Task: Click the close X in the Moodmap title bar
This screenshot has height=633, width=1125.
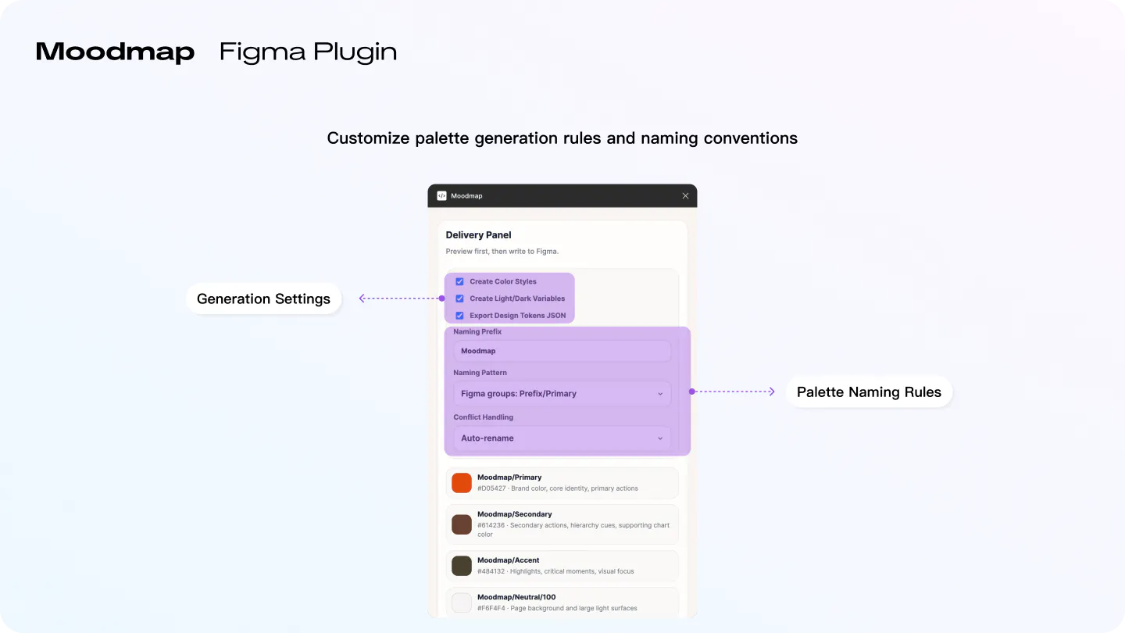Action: (685, 196)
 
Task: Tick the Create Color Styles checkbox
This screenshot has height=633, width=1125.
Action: (459, 281)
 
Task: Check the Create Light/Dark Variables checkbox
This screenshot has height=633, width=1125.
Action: (459, 299)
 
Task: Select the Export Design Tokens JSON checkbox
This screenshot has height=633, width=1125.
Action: (459, 316)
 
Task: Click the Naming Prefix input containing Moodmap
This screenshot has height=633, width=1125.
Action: (562, 351)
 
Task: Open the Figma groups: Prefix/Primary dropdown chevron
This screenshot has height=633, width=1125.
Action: (660, 394)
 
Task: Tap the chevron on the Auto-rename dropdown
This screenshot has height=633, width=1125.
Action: (660, 438)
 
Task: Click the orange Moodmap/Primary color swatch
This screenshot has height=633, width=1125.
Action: (462, 483)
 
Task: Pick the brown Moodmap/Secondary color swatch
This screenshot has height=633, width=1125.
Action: (462, 524)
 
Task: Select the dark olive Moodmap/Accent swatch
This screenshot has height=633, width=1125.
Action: (462, 566)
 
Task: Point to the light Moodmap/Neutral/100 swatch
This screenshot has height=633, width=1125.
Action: (462, 603)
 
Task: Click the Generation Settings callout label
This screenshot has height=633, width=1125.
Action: (264, 299)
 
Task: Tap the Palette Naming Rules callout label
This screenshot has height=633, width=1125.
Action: (869, 392)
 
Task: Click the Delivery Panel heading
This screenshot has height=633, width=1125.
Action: (478, 235)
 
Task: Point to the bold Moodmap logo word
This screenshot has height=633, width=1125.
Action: (115, 52)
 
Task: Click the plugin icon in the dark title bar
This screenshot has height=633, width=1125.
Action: (441, 196)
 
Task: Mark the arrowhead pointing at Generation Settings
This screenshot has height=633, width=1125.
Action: (362, 299)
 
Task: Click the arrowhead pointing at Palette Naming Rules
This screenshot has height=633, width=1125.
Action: (772, 392)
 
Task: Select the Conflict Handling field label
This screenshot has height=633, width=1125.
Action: (483, 417)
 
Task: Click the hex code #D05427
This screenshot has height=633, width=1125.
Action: (491, 488)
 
